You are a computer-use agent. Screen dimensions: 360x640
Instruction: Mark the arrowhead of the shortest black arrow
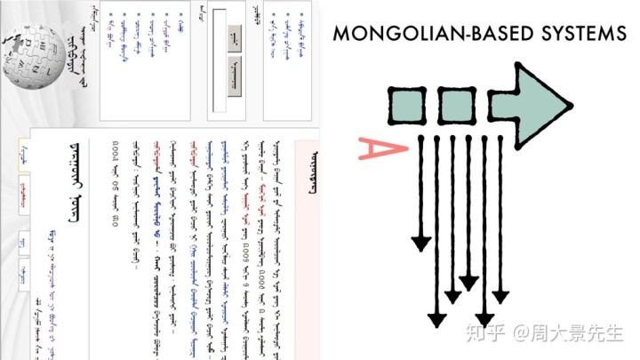(420, 243)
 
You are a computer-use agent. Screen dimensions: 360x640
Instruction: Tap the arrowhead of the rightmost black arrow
(501, 292)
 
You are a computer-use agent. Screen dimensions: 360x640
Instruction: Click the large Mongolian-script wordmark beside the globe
(71, 62)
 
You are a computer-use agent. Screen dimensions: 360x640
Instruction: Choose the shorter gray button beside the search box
(234, 37)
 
